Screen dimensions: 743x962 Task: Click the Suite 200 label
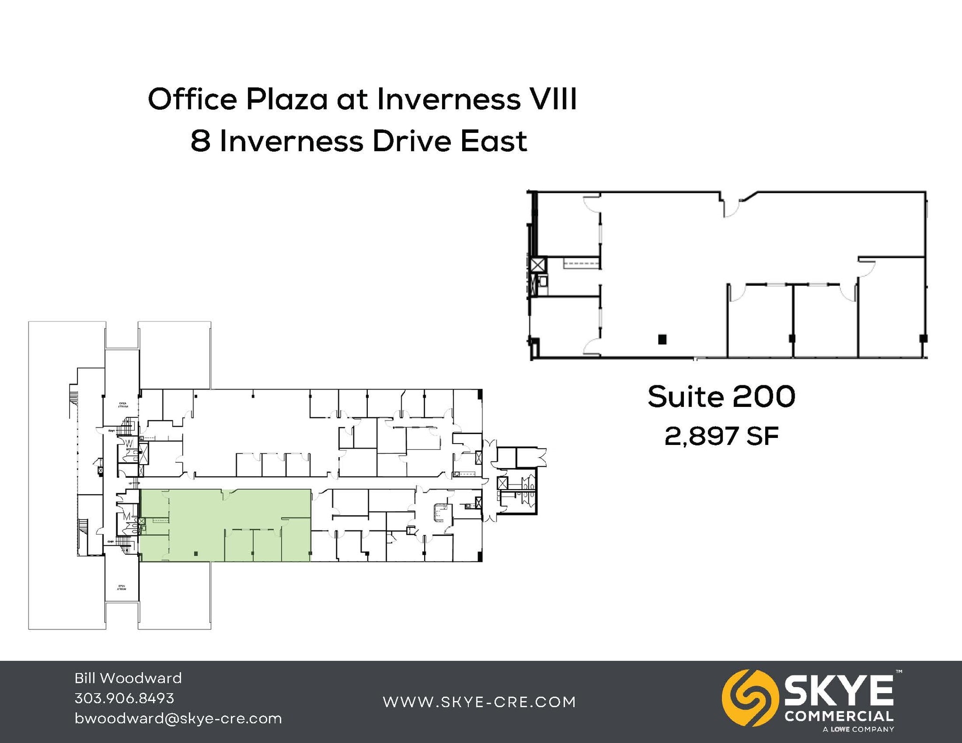tap(721, 397)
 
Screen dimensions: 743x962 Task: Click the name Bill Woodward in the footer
tap(128, 678)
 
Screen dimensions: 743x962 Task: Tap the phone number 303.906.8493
tap(124, 698)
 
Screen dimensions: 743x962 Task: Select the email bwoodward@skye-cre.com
tap(178, 719)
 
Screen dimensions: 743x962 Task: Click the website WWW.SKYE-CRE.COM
tap(479, 702)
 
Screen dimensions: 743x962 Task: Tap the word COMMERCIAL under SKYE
tap(839, 717)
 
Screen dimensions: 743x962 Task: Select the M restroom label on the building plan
tap(126, 517)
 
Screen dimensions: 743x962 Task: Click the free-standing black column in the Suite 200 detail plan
tap(662, 339)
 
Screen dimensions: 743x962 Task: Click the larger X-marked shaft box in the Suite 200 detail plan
tap(538, 265)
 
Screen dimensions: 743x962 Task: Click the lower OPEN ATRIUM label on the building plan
tap(122, 588)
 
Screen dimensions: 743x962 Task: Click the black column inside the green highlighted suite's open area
tap(196, 554)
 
